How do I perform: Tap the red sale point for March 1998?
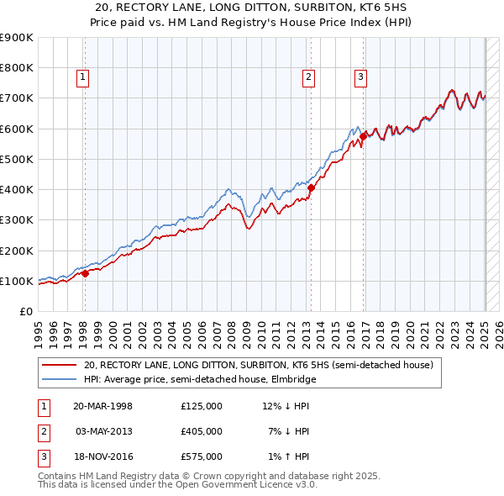click(x=85, y=272)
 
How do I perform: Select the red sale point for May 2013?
click(x=310, y=187)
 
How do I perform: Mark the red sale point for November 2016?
click(x=363, y=135)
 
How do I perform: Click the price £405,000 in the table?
click(x=201, y=431)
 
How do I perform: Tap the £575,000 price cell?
click(x=201, y=456)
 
